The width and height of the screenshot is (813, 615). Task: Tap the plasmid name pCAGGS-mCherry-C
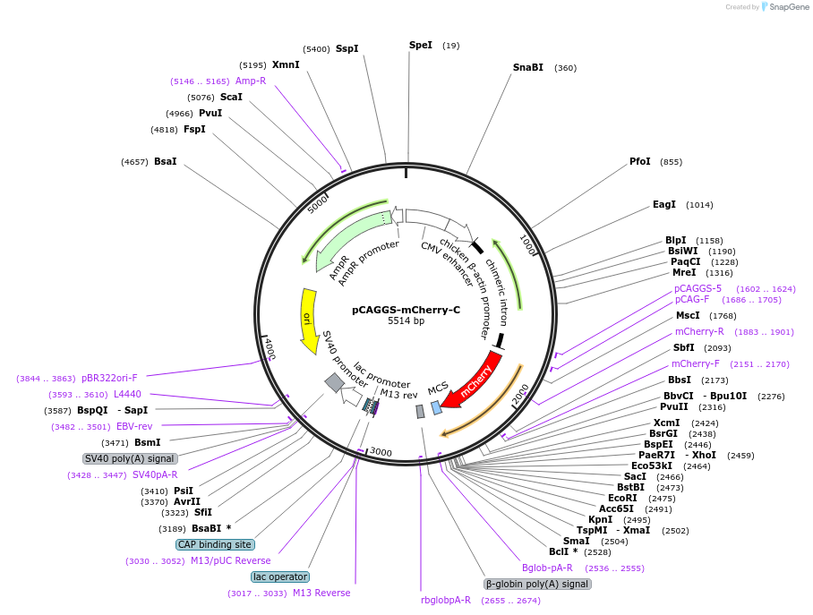coord(406,310)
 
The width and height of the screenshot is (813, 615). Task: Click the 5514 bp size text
coord(406,320)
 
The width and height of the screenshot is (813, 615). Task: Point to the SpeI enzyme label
coord(420,45)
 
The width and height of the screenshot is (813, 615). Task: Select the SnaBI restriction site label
coord(527,67)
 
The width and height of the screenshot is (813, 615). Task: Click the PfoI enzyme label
coord(639,162)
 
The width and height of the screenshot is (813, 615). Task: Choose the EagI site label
coord(663,205)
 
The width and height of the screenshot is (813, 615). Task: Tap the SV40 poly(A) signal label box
coord(130,458)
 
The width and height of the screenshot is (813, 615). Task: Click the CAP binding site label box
coord(215,544)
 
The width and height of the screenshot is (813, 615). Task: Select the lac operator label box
coord(280,577)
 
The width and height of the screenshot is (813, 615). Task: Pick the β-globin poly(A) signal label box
coord(537,584)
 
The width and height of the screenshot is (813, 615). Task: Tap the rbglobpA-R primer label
coord(446,600)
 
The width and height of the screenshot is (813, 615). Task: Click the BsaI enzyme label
coord(165,162)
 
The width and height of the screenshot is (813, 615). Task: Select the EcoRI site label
coord(622,498)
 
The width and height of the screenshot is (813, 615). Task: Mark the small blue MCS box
coord(436,407)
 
